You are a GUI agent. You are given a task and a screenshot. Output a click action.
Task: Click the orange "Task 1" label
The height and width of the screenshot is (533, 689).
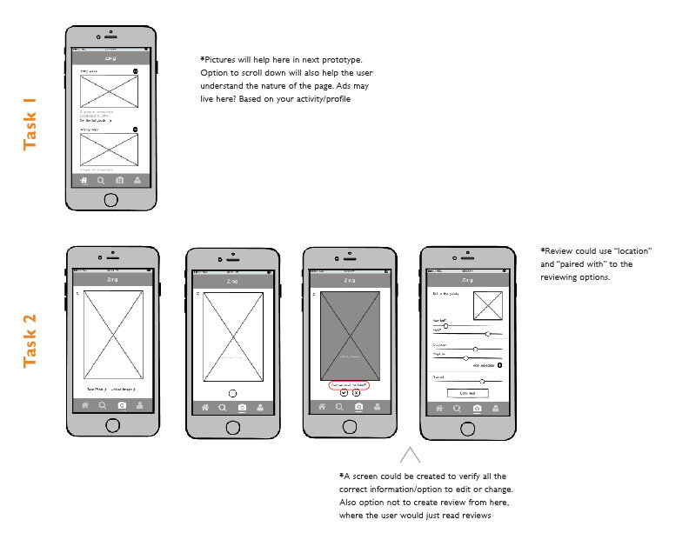[x=30, y=124]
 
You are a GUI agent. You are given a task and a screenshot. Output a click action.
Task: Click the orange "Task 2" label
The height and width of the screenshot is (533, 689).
[x=30, y=342]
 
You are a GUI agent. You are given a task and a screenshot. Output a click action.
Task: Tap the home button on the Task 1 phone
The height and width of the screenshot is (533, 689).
[x=110, y=200]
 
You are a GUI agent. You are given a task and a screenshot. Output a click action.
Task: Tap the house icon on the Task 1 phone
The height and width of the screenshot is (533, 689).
[x=84, y=181]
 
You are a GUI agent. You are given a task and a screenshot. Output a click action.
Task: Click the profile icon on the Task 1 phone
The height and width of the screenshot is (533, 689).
[x=137, y=181]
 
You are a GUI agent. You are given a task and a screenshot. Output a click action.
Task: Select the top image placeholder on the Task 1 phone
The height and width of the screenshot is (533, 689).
[x=110, y=91]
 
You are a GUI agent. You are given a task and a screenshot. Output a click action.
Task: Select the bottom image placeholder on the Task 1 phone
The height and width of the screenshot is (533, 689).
[x=110, y=149]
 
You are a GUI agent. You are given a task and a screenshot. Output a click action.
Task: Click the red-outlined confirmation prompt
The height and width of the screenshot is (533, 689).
[x=350, y=383]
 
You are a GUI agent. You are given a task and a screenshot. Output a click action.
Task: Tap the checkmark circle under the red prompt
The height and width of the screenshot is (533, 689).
[x=344, y=393]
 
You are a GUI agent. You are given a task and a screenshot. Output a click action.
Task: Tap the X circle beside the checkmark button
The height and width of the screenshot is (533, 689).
[x=357, y=393]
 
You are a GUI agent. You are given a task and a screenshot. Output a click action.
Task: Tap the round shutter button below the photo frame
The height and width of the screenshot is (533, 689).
[x=232, y=392]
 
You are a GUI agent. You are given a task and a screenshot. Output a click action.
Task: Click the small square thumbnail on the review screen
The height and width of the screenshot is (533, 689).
[x=487, y=306]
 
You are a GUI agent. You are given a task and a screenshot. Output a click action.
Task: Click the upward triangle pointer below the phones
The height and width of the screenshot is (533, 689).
[x=411, y=455]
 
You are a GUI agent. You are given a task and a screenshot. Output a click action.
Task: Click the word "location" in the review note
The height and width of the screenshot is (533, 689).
[x=632, y=251]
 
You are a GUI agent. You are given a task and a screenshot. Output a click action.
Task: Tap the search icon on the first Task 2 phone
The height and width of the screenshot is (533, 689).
[x=103, y=406]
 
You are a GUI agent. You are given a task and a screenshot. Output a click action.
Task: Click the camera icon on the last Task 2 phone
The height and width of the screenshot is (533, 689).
[x=477, y=407]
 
